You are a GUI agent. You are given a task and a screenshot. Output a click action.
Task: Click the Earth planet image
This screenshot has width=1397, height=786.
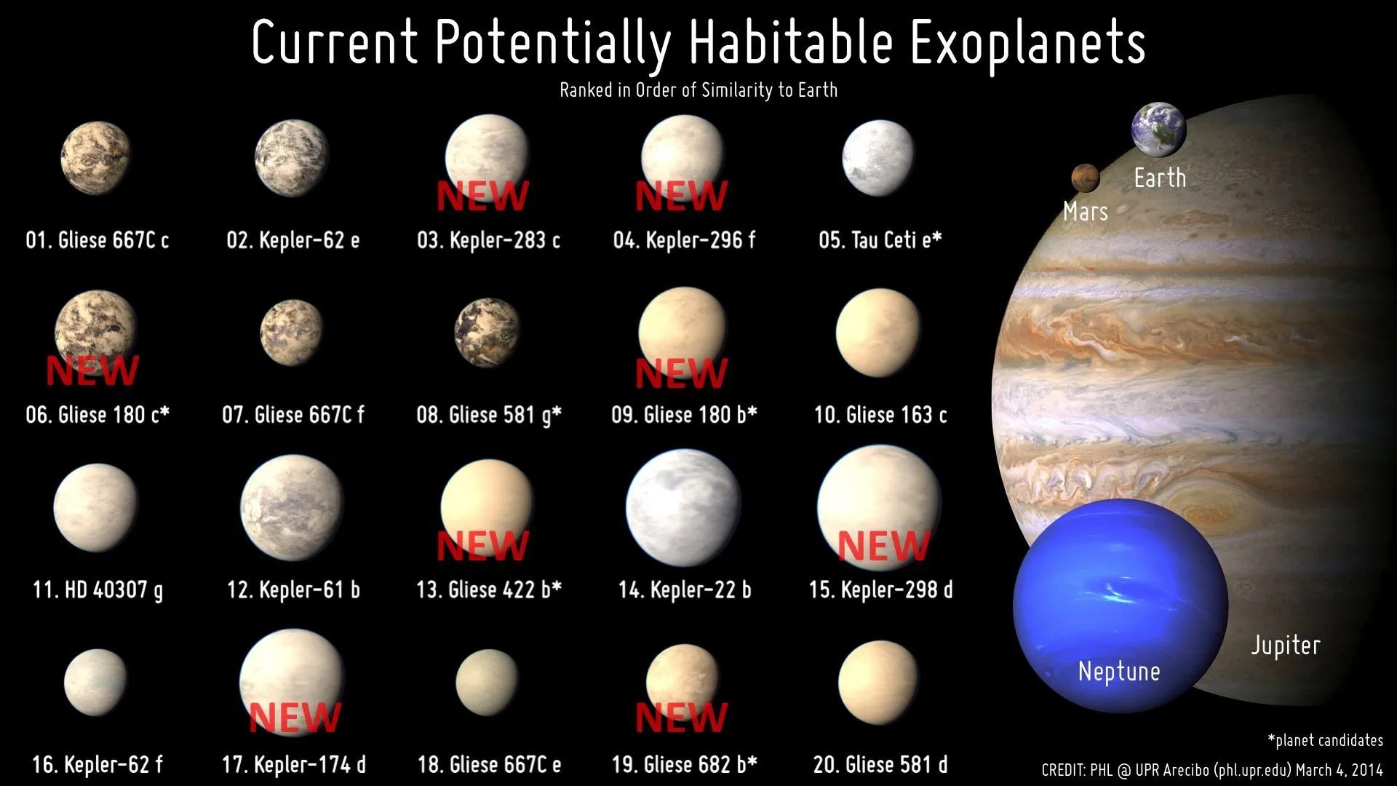(1158, 130)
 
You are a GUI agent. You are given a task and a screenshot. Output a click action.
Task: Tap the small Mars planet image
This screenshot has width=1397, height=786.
(1084, 178)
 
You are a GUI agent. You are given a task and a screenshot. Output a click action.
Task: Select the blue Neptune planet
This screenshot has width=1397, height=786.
(1120, 606)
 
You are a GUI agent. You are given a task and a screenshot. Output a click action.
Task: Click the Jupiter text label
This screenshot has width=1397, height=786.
(1285, 646)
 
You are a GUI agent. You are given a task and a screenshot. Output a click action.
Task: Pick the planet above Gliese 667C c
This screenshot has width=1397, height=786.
(95, 158)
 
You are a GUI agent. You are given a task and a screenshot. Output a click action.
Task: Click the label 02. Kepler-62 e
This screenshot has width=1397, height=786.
(292, 240)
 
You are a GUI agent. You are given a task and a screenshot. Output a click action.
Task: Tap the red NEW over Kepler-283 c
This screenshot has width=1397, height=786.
(482, 196)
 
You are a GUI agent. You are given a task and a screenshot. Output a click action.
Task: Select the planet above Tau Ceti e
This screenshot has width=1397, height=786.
(877, 158)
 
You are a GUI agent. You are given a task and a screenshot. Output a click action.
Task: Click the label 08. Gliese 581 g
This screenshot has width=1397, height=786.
(488, 415)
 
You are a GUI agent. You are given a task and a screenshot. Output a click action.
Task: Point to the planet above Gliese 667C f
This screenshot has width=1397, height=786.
(292, 333)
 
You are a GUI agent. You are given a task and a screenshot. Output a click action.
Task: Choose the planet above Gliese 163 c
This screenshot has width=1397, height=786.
(878, 333)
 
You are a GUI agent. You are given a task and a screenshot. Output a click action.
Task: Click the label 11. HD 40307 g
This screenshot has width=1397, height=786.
(97, 589)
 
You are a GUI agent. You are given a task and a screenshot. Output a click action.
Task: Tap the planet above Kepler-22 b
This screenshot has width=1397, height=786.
(683, 507)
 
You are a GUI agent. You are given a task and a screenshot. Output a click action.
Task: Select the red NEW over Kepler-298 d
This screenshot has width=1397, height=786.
(883, 545)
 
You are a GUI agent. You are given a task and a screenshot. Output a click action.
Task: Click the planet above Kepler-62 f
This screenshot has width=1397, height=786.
(95, 682)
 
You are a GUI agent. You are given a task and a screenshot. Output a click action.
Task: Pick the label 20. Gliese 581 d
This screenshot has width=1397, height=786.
(880, 765)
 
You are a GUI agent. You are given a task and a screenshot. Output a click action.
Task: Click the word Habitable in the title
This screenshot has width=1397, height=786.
(790, 42)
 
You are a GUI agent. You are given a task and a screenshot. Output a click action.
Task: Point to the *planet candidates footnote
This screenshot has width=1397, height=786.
(1325, 741)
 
